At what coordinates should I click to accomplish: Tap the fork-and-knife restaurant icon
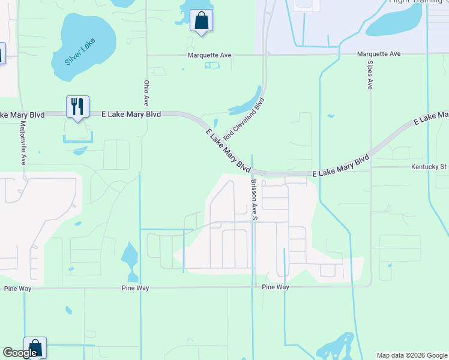click(x=77, y=107)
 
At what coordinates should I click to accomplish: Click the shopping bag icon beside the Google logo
click(x=35, y=347)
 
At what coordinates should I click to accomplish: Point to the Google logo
click(x=20, y=353)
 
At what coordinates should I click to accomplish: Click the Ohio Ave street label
click(x=146, y=93)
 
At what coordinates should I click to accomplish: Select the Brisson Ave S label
click(x=254, y=199)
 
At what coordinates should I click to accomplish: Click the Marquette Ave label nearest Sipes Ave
click(x=378, y=54)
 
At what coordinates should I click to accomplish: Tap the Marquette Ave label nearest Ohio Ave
click(x=209, y=55)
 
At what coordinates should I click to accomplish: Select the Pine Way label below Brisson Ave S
click(x=276, y=287)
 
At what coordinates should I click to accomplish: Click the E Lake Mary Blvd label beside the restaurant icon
click(x=131, y=113)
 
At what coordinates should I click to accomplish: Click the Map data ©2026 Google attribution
click(x=412, y=355)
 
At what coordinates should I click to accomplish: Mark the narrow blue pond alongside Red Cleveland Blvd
click(x=244, y=105)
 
